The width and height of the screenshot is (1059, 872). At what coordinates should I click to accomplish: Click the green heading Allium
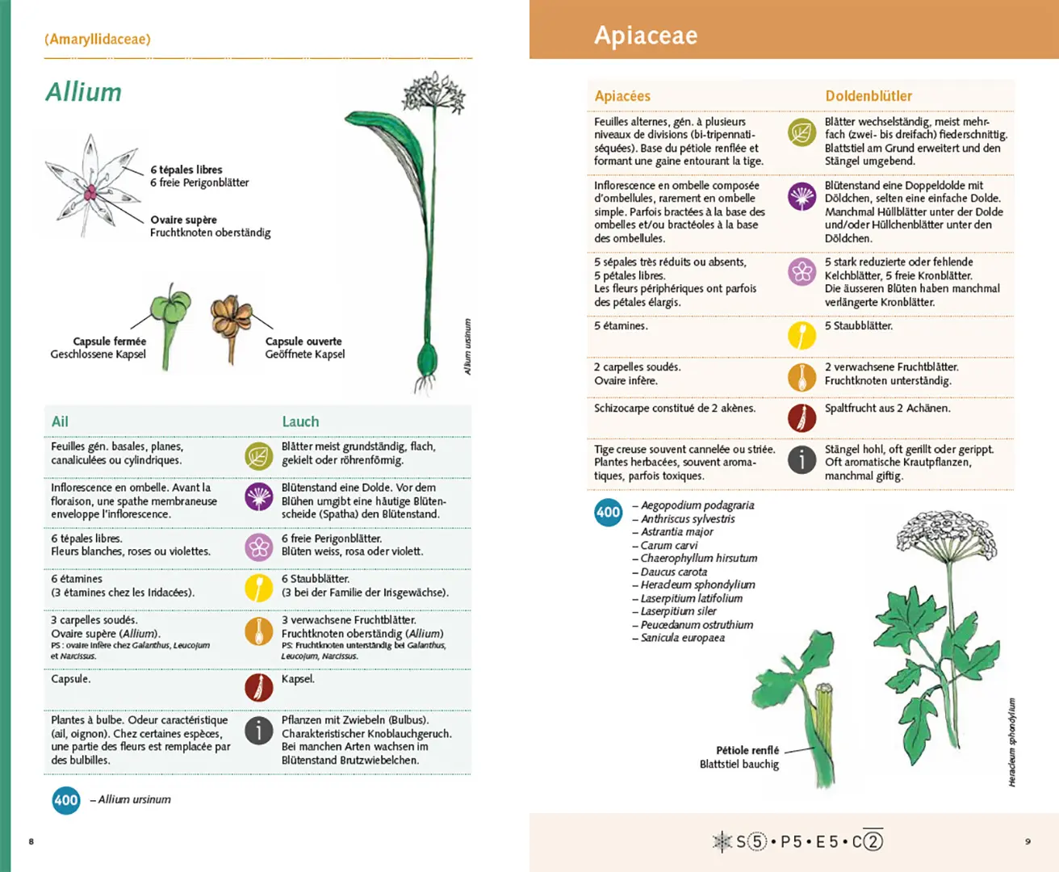(x=83, y=92)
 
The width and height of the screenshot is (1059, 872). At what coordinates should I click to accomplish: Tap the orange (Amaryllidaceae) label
(x=98, y=39)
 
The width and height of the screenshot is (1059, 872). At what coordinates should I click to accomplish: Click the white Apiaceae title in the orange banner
(x=646, y=36)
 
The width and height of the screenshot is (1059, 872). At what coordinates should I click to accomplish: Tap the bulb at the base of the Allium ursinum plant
(x=426, y=358)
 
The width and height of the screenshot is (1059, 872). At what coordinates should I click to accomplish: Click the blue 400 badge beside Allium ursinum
(x=66, y=800)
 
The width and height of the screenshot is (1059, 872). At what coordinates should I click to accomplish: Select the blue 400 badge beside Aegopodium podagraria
(x=608, y=512)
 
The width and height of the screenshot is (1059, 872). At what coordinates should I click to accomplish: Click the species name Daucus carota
(x=674, y=572)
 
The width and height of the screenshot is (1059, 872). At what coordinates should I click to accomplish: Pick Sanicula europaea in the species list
(x=682, y=638)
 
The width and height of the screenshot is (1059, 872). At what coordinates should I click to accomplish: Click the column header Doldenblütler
(x=869, y=96)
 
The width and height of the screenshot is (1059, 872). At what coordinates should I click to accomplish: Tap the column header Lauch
(x=300, y=421)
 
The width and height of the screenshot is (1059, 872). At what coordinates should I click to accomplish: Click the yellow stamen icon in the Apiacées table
(x=802, y=334)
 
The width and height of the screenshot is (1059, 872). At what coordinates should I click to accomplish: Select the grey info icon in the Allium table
(x=259, y=730)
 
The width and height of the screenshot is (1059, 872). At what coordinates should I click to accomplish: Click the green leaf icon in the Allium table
(x=259, y=456)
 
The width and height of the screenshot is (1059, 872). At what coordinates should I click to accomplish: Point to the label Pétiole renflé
(x=747, y=750)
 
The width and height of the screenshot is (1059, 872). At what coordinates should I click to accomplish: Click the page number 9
(x=1028, y=841)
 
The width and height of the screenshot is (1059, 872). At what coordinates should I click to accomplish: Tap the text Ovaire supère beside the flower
(x=183, y=220)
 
